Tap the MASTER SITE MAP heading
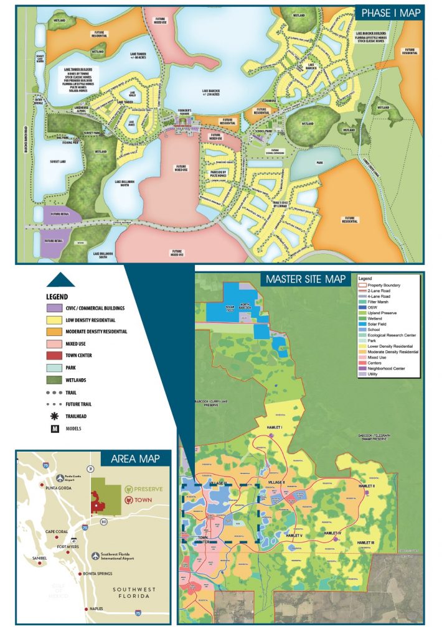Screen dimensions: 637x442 coord(306,279)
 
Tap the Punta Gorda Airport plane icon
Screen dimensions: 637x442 coord(60,478)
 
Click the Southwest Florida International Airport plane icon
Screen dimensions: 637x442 coord(94,555)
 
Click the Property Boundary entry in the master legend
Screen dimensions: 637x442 coord(383,285)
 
